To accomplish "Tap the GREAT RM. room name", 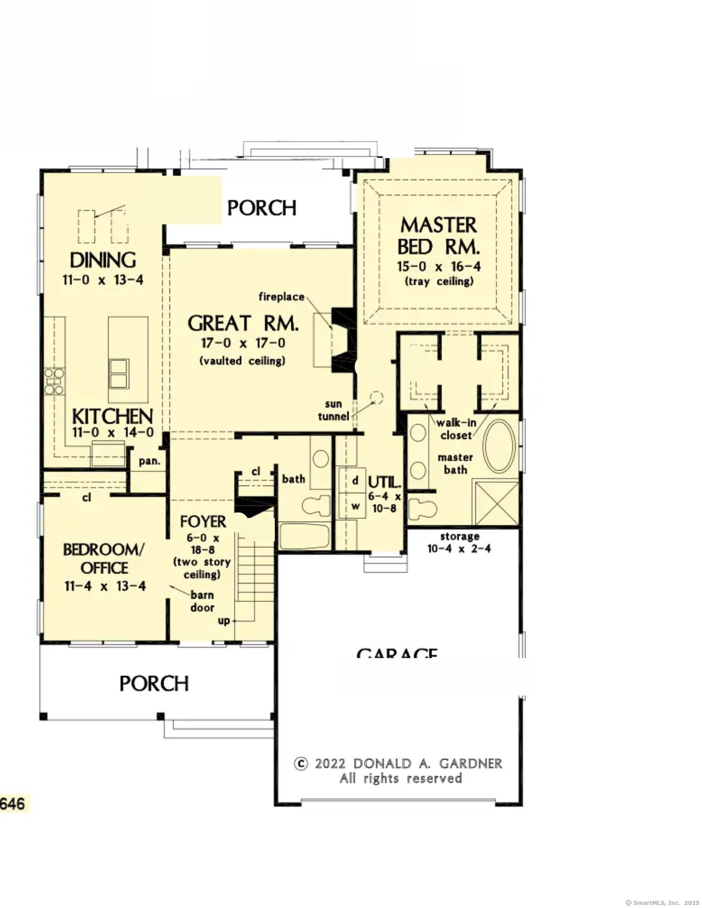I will click(243, 324).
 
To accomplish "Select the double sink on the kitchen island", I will click(119, 374).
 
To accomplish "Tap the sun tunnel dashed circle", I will click(376, 398).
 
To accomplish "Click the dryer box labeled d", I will click(355, 481).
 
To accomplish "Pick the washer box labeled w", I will click(355, 506).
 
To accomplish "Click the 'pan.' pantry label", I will click(149, 461).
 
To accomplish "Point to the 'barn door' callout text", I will click(202, 601).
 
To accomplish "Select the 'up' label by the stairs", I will click(224, 621).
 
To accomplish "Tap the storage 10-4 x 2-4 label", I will click(459, 543).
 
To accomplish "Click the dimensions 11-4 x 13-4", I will click(105, 586).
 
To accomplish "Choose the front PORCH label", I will click(154, 684).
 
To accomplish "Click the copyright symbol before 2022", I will click(301, 764).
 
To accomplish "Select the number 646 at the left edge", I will click(13, 804).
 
